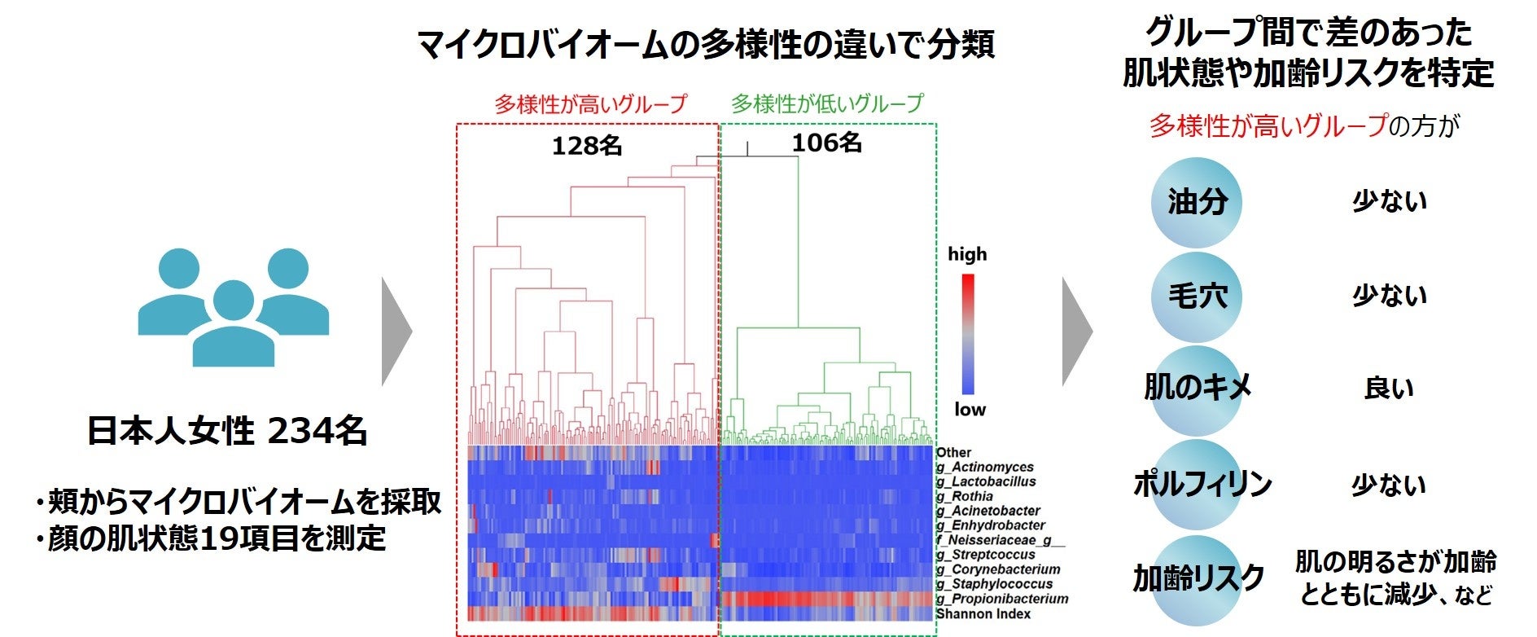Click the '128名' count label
[587, 146]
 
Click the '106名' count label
[826, 143]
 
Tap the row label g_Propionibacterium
[1001, 599]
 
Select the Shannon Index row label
[983, 614]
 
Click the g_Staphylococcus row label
[993, 584]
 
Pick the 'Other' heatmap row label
[953, 452]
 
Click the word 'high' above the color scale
[966, 254]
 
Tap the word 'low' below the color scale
[969, 410]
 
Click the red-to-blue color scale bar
[968, 334]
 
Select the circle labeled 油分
[1197, 202]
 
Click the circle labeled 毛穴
[1197, 297]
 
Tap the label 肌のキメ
[1197, 388]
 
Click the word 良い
[1389, 389]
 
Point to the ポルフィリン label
[1202, 485]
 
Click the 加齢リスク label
[1198, 578]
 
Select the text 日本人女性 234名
[227, 431]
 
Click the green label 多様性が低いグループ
[827, 104]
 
